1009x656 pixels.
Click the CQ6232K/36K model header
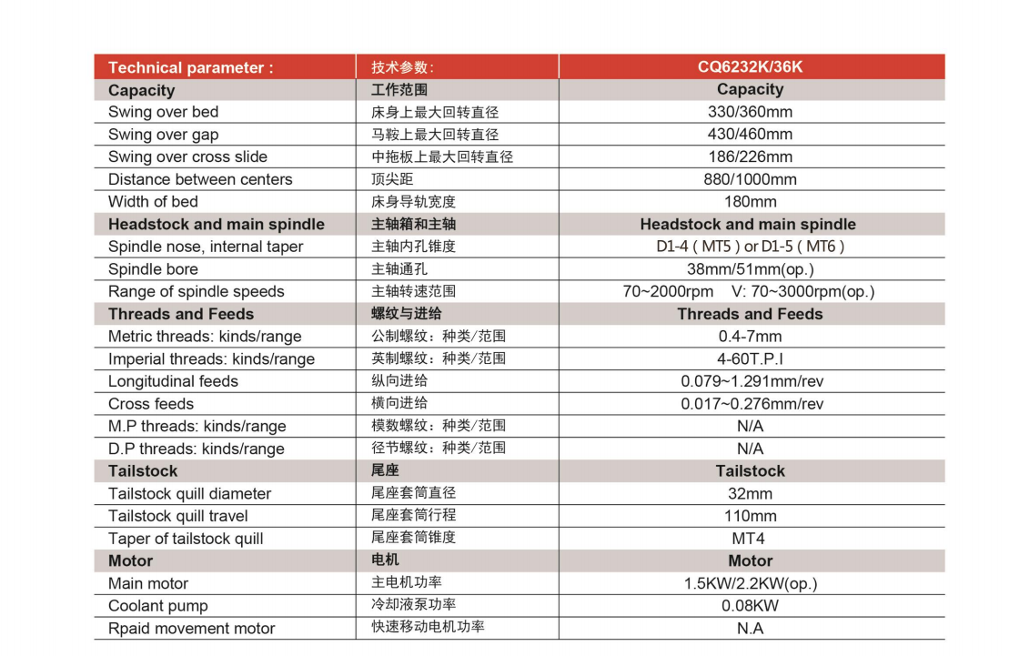tap(750, 67)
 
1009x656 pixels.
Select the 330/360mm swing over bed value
tap(750, 112)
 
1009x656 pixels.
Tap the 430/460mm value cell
tap(750, 135)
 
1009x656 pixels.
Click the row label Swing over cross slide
tap(187, 156)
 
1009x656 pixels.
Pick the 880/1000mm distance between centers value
tap(750, 179)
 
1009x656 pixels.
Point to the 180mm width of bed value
tap(750, 202)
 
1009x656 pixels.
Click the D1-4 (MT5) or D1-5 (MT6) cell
tap(750, 247)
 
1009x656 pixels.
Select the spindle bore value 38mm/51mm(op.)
tap(750, 269)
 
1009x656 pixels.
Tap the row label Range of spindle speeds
tap(196, 291)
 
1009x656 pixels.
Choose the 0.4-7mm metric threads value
tap(750, 337)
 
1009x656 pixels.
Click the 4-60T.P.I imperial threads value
tap(750, 358)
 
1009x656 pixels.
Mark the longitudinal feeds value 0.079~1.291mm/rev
tap(752, 381)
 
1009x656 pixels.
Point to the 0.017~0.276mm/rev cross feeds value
tap(752, 404)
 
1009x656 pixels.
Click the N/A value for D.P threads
tap(750, 449)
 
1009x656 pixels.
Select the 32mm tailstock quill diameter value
tap(750, 494)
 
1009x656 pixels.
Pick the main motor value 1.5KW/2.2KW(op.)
tap(752, 583)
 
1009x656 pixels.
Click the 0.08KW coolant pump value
tap(750, 606)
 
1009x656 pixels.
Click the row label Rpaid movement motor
tap(191, 629)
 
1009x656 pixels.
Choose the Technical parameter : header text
tap(190, 67)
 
